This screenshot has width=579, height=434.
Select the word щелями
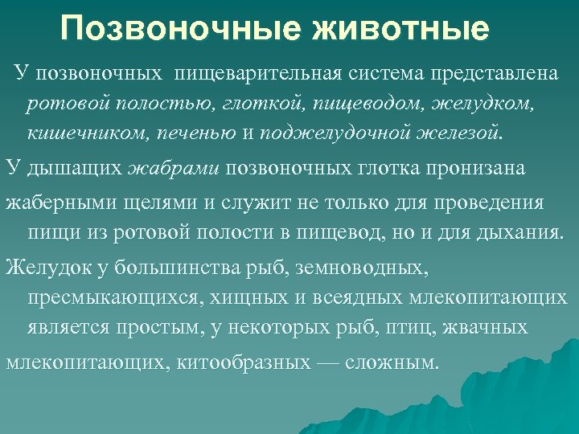pos(130,202)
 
